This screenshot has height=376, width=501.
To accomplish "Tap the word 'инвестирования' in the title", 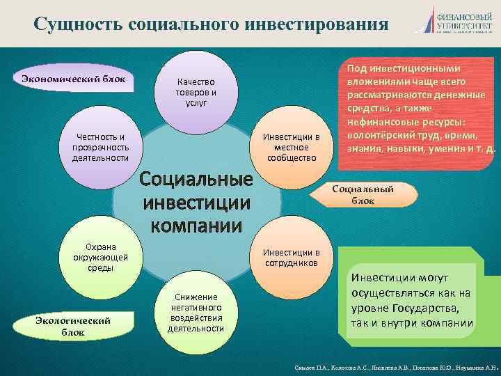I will coord(317,24).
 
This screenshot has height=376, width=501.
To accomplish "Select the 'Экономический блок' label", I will coord(73,79).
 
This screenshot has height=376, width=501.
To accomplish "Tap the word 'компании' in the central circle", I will coord(196,226).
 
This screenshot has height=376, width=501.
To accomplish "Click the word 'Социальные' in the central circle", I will coord(196,180).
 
